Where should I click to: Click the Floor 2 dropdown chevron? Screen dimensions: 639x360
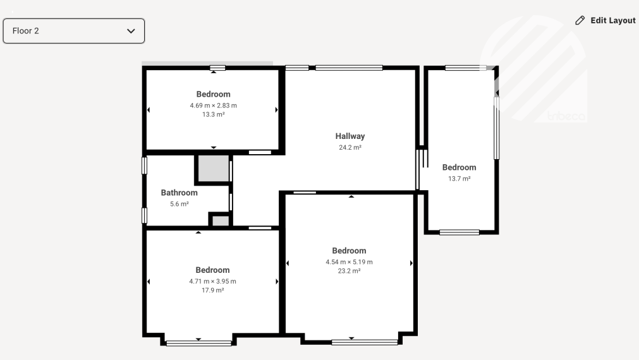click(x=131, y=31)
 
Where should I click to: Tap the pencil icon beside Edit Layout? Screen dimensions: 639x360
click(x=580, y=20)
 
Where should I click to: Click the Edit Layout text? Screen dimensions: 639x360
click(x=613, y=20)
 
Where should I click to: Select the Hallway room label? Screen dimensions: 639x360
click(x=350, y=136)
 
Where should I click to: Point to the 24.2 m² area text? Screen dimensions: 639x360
click(x=350, y=147)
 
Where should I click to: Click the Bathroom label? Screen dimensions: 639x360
click(x=180, y=193)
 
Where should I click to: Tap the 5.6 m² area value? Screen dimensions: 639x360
click(x=180, y=203)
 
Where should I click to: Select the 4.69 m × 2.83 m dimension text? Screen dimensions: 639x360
click(x=213, y=105)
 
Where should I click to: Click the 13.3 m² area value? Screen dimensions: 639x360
click(x=213, y=114)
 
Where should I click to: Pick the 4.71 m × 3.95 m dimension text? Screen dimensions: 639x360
click(x=213, y=282)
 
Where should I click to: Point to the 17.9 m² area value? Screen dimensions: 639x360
click(x=213, y=291)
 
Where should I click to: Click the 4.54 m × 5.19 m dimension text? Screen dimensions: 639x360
click(x=350, y=262)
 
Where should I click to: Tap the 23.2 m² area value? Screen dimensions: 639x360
click(x=350, y=271)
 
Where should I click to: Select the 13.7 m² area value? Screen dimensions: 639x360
click(x=459, y=179)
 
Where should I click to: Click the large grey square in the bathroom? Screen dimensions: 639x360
click(x=213, y=168)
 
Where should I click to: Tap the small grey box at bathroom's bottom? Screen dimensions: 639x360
click(x=221, y=220)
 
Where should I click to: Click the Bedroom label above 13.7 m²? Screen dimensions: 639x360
click(x=459, y=167)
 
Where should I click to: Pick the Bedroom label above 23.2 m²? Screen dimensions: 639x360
click(x=350, y=251)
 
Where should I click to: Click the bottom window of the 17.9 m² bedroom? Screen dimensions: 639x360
click(x=199, y=344)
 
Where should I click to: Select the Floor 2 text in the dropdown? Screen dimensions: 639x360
click(x=26, y=31)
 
